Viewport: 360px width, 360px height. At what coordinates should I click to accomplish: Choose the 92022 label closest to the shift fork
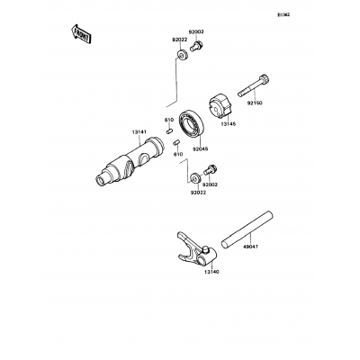198,193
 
